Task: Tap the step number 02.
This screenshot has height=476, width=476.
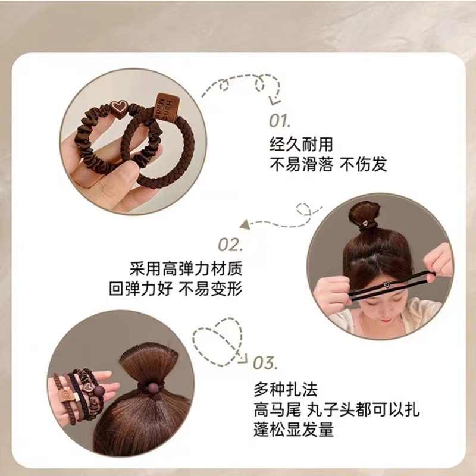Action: pos(230,245)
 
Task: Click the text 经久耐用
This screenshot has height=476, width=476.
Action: pos(301,144)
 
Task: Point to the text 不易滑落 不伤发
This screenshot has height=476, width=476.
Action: pos(328,165)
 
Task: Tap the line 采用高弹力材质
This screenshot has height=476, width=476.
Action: pos(186,268)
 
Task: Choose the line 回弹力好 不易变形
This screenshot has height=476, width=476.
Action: pos(176,289)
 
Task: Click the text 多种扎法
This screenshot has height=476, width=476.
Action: pos(286,390)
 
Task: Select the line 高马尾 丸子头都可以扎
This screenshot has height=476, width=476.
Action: pos(337,409)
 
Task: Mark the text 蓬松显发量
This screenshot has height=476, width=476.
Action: pos(293,429)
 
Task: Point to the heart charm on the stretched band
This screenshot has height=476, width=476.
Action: pos(386,284)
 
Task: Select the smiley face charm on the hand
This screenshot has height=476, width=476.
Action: pos(66,395)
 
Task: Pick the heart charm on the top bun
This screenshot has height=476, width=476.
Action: pos(365,223)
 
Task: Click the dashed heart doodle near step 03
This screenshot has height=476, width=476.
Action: pos(218,341)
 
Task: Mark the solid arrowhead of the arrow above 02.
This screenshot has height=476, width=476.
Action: pos(245,225)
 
